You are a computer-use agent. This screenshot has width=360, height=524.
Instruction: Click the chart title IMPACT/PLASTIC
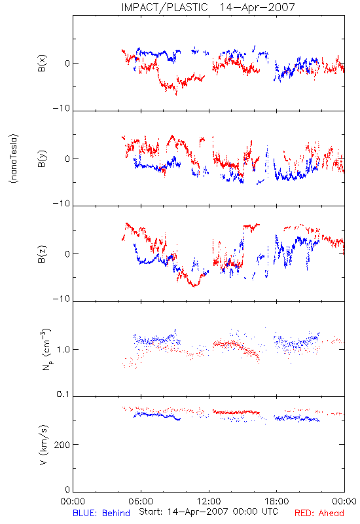(164, 7)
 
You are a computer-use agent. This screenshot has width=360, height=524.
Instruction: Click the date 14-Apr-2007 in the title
(257, 7)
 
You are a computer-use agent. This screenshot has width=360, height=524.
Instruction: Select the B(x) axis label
(42, 63)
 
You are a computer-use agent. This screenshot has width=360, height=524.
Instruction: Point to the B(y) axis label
(42, 159)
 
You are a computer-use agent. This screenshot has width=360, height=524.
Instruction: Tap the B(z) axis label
(42, 254)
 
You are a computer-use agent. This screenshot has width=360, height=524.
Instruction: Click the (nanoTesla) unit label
(14, 159)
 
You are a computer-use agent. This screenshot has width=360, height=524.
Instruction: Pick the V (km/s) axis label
(43, 445)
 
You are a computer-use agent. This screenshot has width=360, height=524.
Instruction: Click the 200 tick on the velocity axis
(62, 445)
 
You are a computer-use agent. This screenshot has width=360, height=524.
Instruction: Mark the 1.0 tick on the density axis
(63, 350)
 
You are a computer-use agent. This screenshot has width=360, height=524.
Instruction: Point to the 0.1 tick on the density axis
(63, 394)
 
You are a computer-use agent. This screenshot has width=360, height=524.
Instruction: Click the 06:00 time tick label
(141, 501)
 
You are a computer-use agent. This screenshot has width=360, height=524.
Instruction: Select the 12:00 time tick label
(209, 501)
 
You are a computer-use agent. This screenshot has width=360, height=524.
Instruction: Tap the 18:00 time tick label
(277, 501)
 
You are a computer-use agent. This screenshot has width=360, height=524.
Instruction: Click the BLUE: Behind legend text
(101, 513)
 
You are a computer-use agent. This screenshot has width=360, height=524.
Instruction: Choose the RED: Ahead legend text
(319, 513)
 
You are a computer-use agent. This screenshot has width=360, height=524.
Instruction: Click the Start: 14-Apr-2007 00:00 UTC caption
(208, 512)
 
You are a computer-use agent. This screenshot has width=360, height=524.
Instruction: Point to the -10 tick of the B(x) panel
(62, 108)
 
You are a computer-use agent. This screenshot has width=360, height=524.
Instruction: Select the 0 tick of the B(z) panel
(67, 254)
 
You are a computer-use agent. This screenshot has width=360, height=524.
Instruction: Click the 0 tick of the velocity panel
(67, 490)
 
